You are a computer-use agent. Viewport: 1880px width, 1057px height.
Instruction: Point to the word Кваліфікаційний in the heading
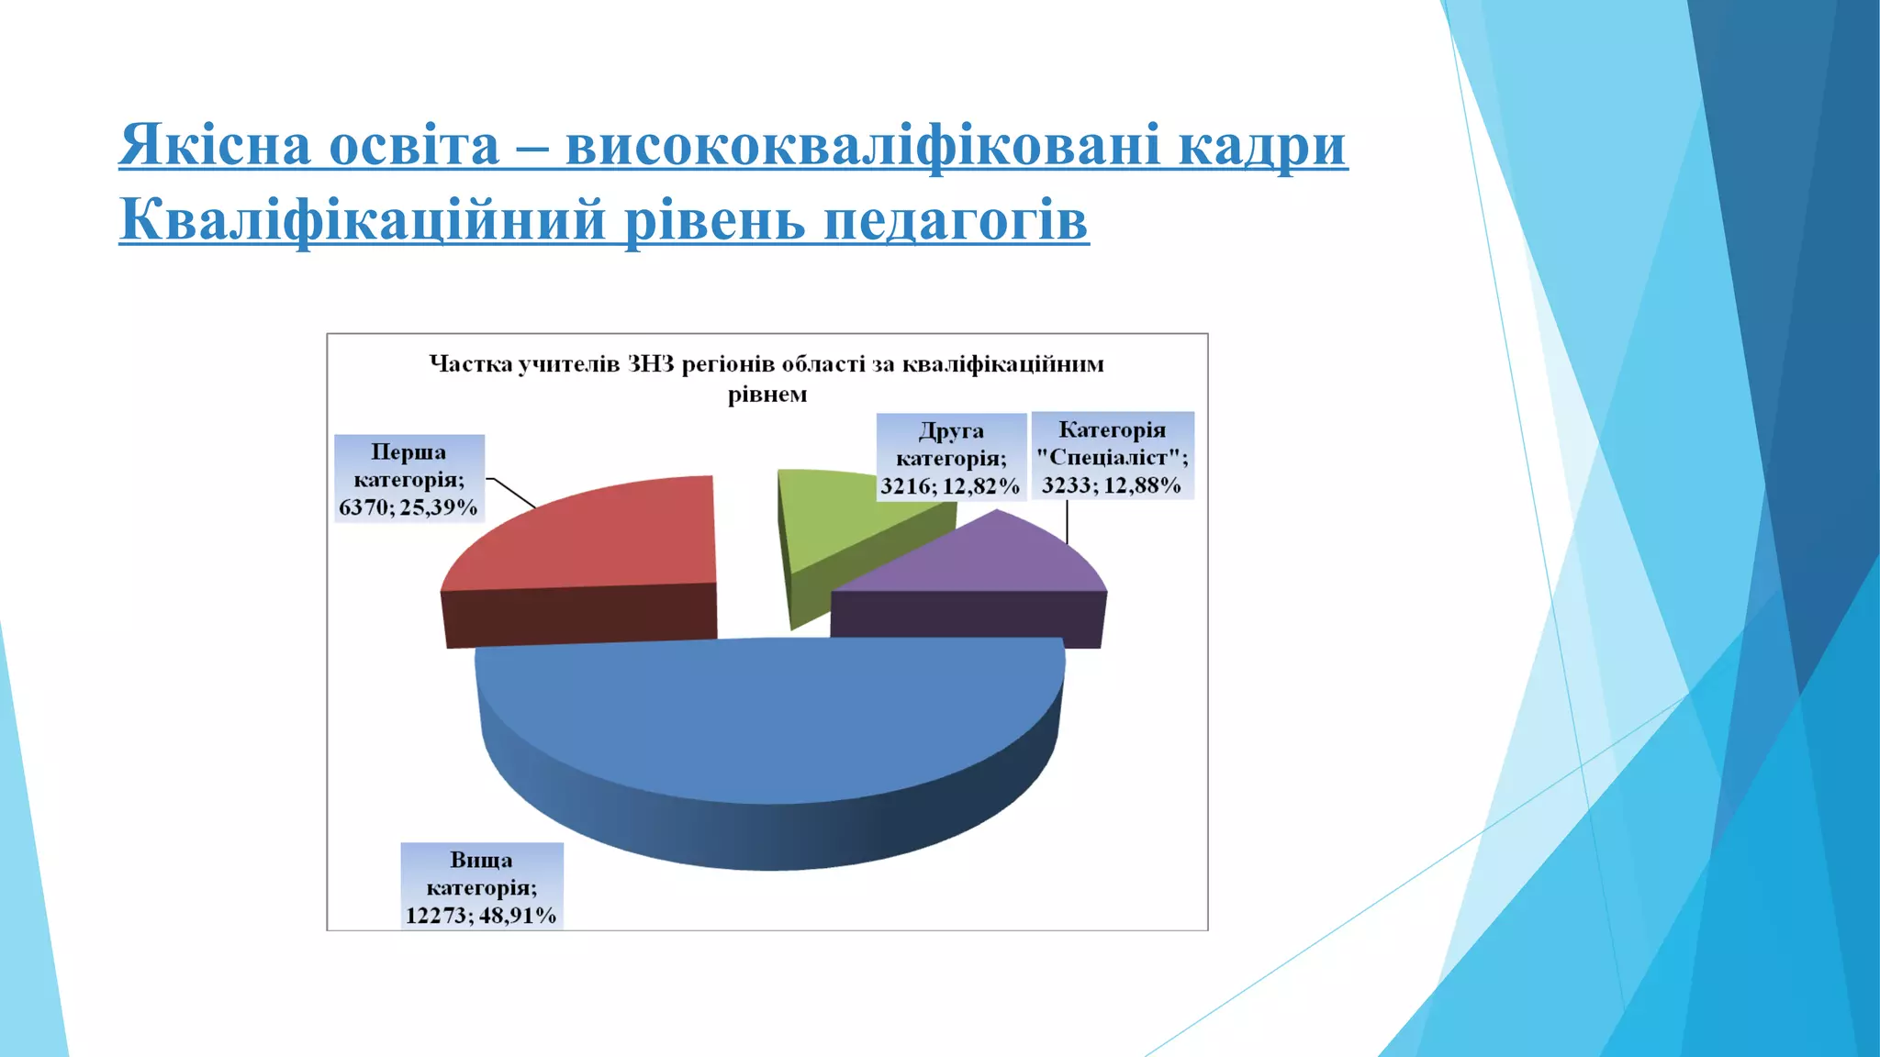point(363,220)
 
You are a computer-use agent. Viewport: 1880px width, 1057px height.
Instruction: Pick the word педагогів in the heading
point(955,220)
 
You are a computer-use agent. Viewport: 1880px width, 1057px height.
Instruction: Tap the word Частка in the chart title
point(471,364)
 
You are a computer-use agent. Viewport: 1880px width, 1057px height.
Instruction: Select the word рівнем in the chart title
point(767,395)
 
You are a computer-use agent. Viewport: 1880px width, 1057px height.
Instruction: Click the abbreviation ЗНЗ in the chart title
point(650,364)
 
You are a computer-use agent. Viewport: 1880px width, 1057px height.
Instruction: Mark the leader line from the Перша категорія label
point(514,493)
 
